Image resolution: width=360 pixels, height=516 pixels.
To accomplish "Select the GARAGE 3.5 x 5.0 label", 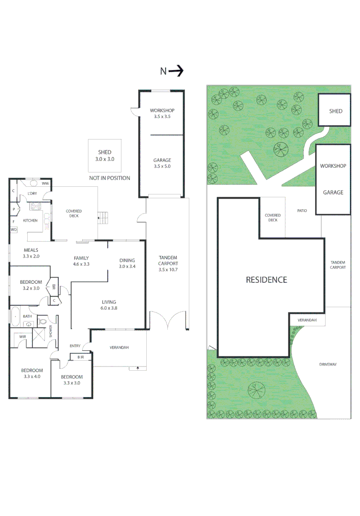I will point(162,163).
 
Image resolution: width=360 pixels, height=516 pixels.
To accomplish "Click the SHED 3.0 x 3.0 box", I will point(105,156).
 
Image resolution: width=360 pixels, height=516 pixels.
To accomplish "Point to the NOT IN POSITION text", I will point(109,178).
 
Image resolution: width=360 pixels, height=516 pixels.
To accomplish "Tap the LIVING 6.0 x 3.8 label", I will point(109,305).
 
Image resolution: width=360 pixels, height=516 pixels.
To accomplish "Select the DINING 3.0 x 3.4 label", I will point(128,263).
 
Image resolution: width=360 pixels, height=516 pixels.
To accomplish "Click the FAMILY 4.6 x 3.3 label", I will point(82,260).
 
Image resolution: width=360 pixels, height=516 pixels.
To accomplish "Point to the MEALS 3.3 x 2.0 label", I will point(30,253).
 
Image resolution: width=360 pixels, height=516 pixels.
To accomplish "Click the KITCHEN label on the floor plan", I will point(30,221).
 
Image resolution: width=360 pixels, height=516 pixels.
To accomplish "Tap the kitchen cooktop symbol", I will point(36,207).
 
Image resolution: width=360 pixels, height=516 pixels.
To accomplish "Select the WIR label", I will point(22,337).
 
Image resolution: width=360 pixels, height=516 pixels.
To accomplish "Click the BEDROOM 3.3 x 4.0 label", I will point(32,373).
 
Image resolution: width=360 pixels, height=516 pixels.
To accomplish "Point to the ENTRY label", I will point(75,346).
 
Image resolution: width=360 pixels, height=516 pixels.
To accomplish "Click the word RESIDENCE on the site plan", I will point(266,280).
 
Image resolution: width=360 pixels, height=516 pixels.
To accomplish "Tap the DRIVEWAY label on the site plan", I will point(328,365).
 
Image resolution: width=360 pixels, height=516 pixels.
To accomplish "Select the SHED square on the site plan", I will point(335,111).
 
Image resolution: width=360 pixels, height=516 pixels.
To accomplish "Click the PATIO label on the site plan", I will point(302,211).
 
